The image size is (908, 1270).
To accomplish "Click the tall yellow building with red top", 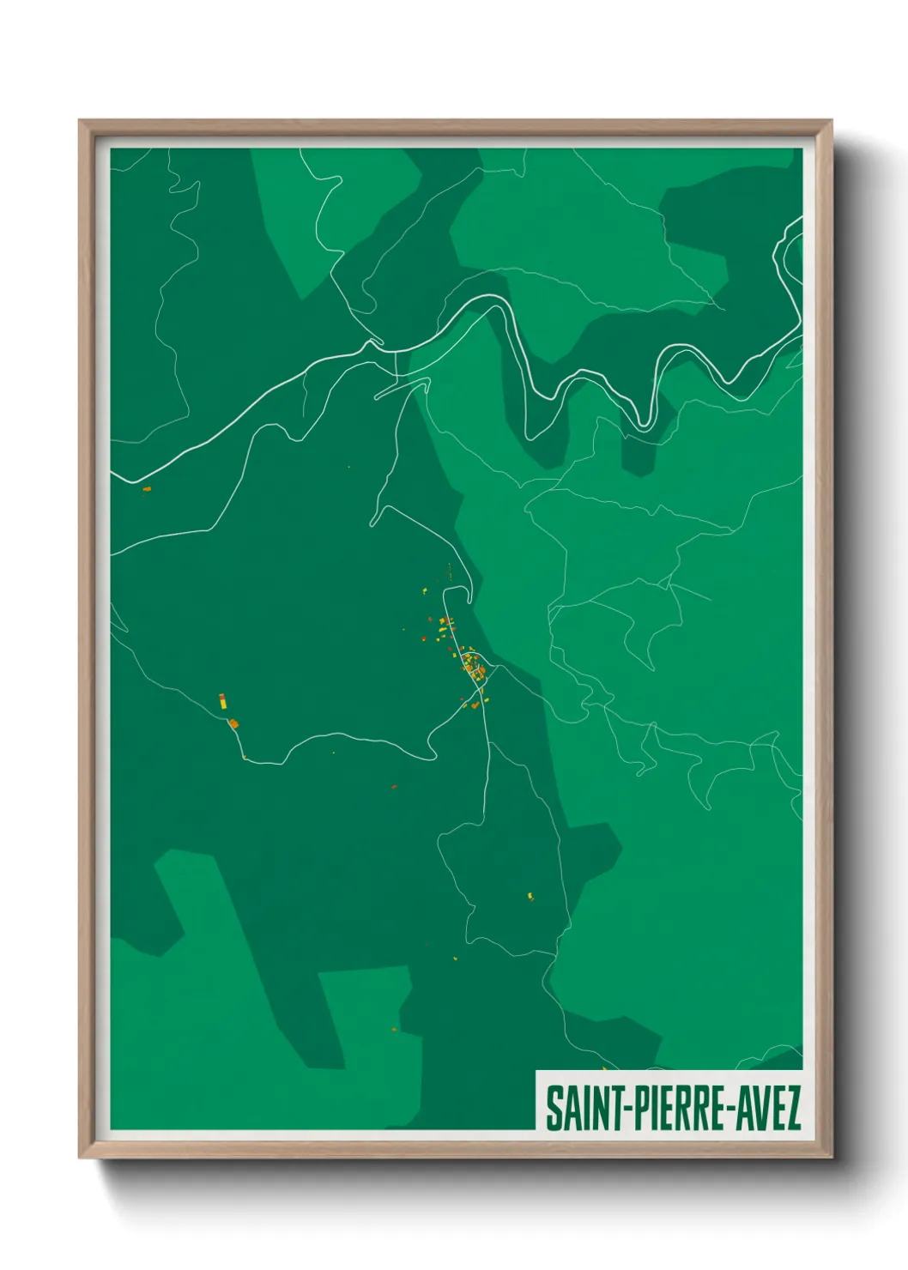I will click(x=221, y=700).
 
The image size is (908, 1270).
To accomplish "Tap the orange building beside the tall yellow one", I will click(x=233, y=724).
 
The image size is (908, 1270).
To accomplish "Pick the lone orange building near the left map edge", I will click(x=146, y=489).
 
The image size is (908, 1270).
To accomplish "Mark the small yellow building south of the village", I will click(x=530, y=897).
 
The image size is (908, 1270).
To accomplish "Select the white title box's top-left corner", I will click(x=537, y=1072).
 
